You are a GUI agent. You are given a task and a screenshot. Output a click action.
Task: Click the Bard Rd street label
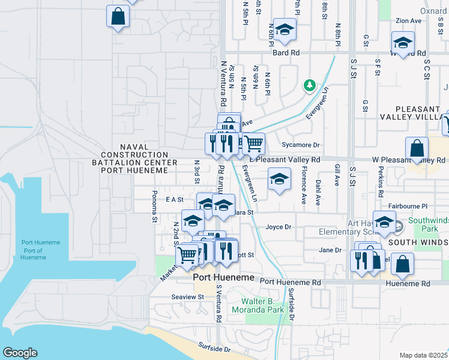tap(286, 53)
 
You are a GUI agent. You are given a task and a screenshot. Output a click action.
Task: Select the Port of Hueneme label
tap(40, 250)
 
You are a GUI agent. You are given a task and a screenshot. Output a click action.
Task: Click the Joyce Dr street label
tap(279, 227)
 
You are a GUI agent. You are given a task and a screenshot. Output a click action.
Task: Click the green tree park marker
tap(310, 85)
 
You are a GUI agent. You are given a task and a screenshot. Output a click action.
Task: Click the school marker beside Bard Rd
tap(285, 30)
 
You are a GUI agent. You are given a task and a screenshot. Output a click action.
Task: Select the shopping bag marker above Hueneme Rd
tap(402, 264)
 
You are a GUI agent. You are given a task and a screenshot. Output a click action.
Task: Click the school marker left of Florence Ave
tap(279, 180)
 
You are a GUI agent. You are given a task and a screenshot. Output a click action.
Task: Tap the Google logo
tap(20, 353)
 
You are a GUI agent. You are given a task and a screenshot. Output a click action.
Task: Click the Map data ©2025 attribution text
tap(424, 355)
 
